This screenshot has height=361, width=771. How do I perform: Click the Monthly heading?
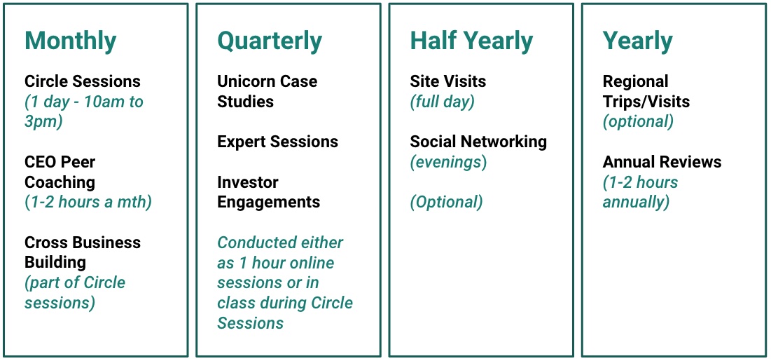(70, 41)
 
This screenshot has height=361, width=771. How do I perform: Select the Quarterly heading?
(270, 41)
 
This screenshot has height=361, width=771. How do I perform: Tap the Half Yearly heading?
(471, 41)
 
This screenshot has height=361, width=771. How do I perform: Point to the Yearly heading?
(637, 41)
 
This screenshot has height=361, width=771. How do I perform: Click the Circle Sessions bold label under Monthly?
(83, 81)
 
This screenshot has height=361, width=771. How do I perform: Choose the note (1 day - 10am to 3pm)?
(84, 111)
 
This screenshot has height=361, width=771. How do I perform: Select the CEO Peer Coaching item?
(60, 172)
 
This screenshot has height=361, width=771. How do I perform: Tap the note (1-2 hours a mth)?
(88, 203)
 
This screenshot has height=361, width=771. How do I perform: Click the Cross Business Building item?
(83, 252)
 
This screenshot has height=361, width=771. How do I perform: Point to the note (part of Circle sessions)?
(75, 292)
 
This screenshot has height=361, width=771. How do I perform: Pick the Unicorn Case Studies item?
(267, 92)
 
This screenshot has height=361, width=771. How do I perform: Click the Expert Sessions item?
(278, 142)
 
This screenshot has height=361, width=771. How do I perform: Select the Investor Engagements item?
(268, 192)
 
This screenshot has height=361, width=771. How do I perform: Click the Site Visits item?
(448, 81)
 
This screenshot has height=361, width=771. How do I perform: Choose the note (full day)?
(442, 102)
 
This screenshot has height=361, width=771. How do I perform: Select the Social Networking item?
(478, 142)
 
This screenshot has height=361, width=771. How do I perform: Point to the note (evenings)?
(448, 162)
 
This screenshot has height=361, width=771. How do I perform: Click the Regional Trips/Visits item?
(646, 92)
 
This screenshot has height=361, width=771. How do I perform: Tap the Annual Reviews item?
(662, 162)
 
